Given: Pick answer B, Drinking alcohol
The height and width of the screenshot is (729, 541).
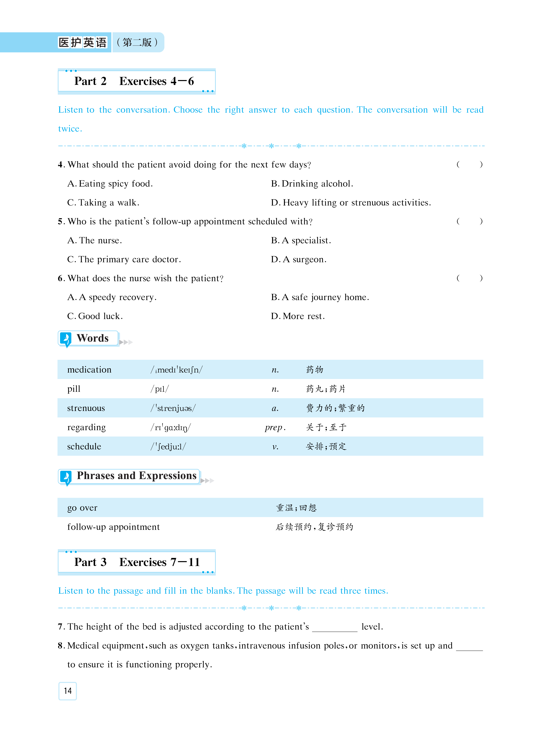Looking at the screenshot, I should (312, 184).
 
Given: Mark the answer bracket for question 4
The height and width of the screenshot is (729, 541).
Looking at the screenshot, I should (469, 164).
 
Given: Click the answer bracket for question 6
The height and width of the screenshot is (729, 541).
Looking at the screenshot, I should (469, 278).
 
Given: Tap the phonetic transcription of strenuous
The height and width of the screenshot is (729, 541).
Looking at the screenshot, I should (173, 408).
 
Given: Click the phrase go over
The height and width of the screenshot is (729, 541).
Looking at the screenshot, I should (82, 508).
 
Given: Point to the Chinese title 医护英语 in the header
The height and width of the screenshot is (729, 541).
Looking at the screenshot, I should (83, 42).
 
